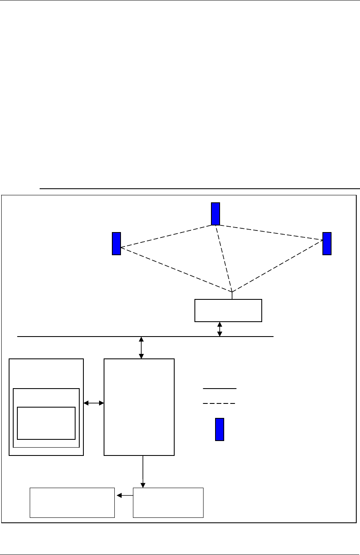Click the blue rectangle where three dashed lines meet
216,214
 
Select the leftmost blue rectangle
116,244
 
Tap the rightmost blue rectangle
327,244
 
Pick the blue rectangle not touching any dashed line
220,429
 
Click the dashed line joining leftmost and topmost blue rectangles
165,236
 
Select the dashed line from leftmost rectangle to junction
175,269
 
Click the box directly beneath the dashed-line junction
228,310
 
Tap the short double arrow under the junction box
220,329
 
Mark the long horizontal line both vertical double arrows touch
83,337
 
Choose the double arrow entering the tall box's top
142,347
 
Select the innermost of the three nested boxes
46,423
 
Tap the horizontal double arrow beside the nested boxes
94,403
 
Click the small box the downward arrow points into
168,503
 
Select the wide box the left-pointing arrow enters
72,503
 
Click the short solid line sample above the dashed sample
220,389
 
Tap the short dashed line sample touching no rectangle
219,403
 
